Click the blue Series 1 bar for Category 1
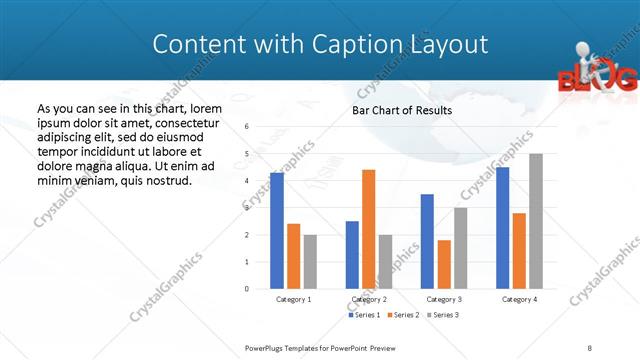(277, 231)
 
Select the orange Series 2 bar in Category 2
(369, 229)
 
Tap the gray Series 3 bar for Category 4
(536, 221)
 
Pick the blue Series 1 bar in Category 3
(427, 241)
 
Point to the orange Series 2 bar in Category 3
(444, 264)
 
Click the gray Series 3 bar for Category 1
(310, 261)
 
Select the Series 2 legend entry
(403, 315)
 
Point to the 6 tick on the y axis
(247, 126)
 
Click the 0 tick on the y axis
(247, 289)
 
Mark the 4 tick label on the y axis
(247, 181)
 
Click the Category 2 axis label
(369, 299)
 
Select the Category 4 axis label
(519, 299)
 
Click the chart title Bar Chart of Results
(402, 110)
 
